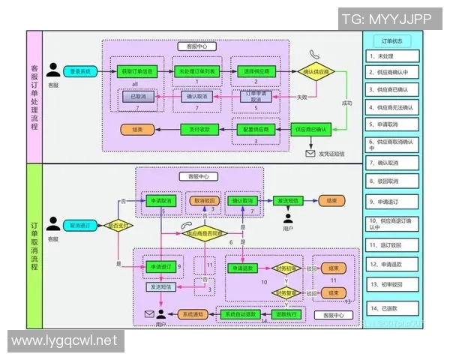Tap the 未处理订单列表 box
[198, 71]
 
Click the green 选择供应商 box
[256, 71]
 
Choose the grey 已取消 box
[138, 97]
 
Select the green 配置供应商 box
[256, 130]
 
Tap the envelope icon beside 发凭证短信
[310, 154]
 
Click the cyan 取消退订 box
[79, 224]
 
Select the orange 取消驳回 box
[205, 200]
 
